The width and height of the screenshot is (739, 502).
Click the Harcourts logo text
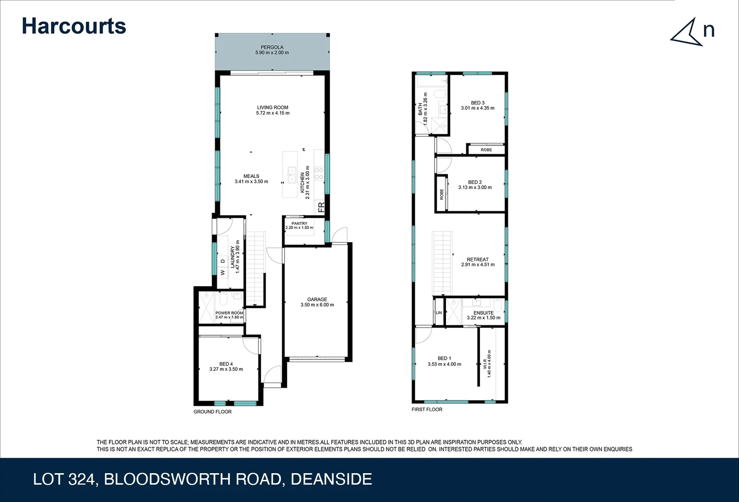pyautogui.click(x=74, y=26)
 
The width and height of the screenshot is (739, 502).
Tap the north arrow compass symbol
pyautogui.click(x=687, y=33)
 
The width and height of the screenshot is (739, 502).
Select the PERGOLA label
pyautogui.click(x=272, y=47)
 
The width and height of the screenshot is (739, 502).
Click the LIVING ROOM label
pyautogui.click(x=273, y=107)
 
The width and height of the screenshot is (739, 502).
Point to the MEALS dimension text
pyautogui.click(x=251, y=182)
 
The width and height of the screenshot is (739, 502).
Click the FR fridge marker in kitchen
pyautogui.click(x=320, y=207)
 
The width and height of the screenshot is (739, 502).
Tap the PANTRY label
pyautogui.click(x=300, y=224)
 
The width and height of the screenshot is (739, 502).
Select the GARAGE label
pyautogui.click(x=317, y=299)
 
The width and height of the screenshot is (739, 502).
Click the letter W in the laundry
pyautogui.click(x=223, y=273)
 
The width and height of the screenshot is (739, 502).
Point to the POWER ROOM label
pyautogui.click(x=229, y=313)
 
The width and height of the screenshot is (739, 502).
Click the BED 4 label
pyautogui.click(x=226, y=364)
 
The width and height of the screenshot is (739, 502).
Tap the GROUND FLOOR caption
pyautogui.click(x=213, y=412)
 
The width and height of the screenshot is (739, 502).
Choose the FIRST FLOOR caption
pyautogui.click(x=427, y=410)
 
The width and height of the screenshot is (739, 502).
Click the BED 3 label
pyautogui.click(x=478, y=103)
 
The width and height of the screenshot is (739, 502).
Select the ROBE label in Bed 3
pyautogui.click(x=486, y=150)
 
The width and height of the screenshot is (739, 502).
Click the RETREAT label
pyautogui.click(x=478, y=259)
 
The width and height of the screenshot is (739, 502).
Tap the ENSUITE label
pyautogui.click(x=484, y=313)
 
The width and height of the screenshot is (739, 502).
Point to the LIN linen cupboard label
pyautogui.click(x=439, y=313)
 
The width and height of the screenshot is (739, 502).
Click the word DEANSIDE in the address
pyautogui.click(x=331, y=479)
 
